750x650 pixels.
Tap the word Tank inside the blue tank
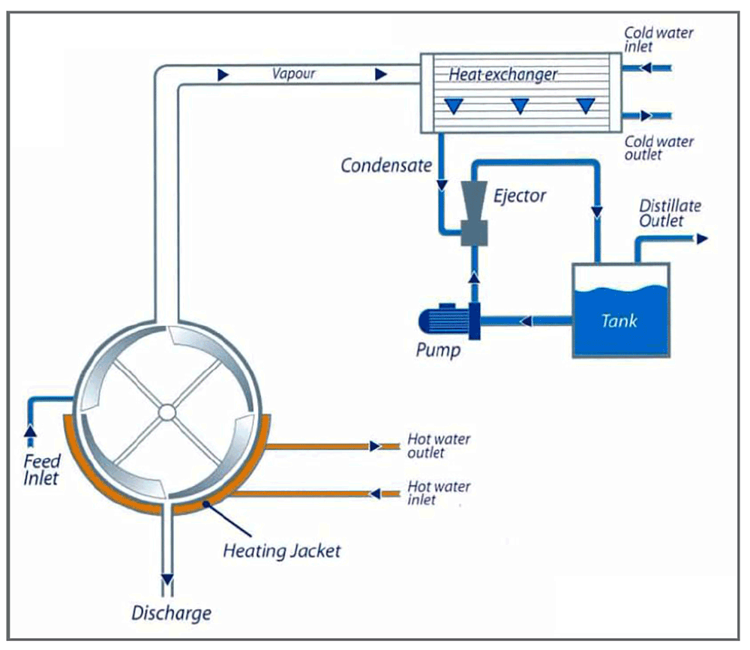click(619, 320)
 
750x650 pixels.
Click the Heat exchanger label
click(502, 74)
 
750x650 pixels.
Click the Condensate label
click(388, 165)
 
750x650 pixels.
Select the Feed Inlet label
click(40, 469)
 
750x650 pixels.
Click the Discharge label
click(171, 613)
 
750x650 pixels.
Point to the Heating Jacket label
click(282, 551)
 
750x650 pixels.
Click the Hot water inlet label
click(439, 493)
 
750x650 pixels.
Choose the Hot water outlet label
click(439, 445)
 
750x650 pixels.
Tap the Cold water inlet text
click(659, 39)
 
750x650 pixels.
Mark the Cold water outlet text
click(659, 148)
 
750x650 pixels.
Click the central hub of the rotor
click(167, 412)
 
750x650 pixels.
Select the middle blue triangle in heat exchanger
click(519, 106)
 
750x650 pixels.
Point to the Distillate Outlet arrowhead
click(702, 239)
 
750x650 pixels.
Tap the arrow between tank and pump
click(526, 321)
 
